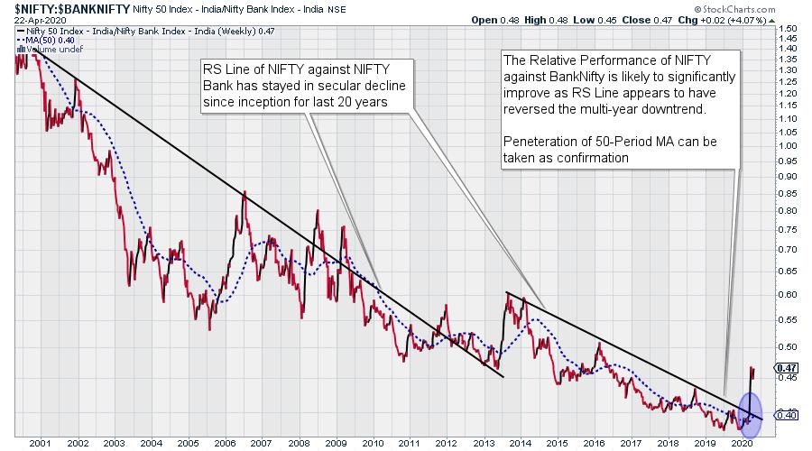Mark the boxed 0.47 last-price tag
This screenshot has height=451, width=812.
click(785, 368)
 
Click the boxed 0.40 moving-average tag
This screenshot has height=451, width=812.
click(785, 415)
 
